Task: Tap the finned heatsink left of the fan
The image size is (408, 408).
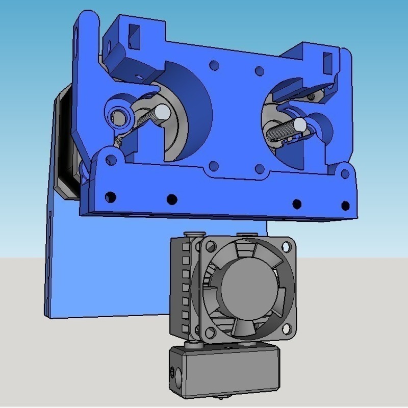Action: tap(183, 286)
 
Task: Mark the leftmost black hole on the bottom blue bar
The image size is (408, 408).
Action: tap(109, 197)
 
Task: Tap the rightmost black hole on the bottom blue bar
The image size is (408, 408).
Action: tap(345, 206)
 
